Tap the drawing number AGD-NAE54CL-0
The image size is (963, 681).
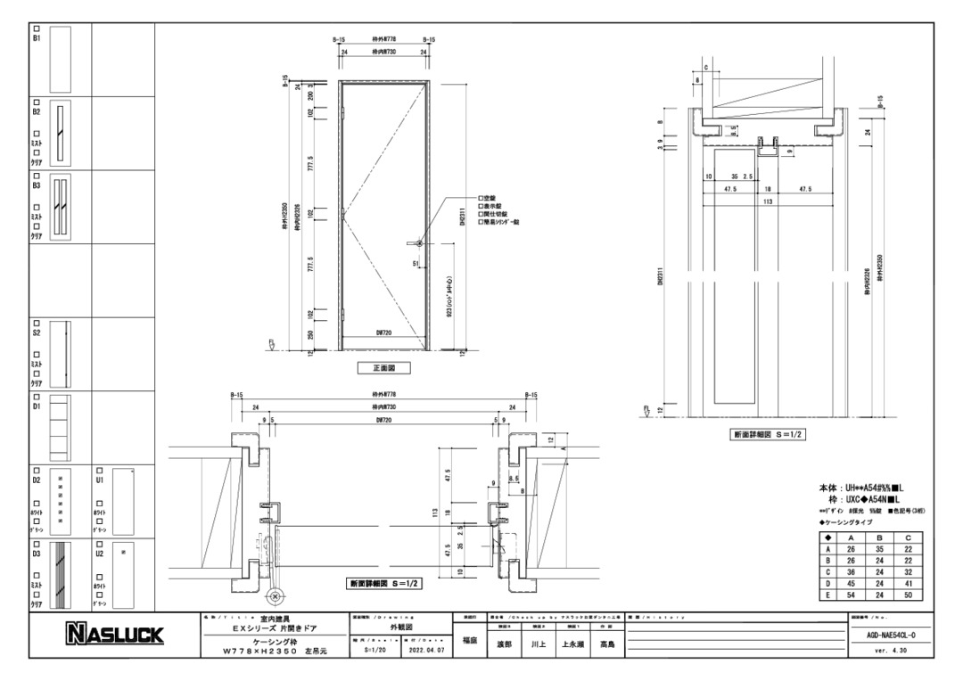(x=890, y=635)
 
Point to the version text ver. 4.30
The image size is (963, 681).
(x=890, y=652)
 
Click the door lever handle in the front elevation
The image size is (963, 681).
(x=416, y=242)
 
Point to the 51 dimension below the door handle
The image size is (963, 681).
(x=416, y=264)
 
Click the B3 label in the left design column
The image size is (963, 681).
(x=37, y=186)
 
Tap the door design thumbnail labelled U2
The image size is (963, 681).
(x=124, y=574)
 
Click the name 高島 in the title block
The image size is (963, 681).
(x=606, y=644)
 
